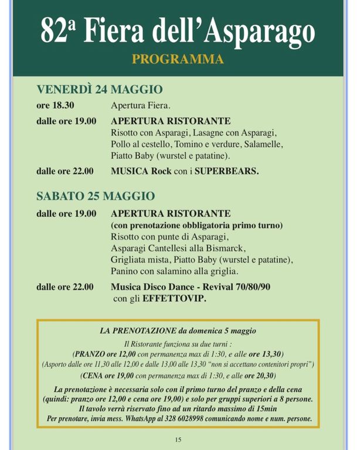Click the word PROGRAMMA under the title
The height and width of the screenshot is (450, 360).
(x=178, y=59)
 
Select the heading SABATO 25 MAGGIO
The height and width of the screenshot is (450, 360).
(x=96, y=196)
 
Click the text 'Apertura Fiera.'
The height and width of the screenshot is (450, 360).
(x=141, y=106)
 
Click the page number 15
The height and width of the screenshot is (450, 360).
(x=178, y=439)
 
